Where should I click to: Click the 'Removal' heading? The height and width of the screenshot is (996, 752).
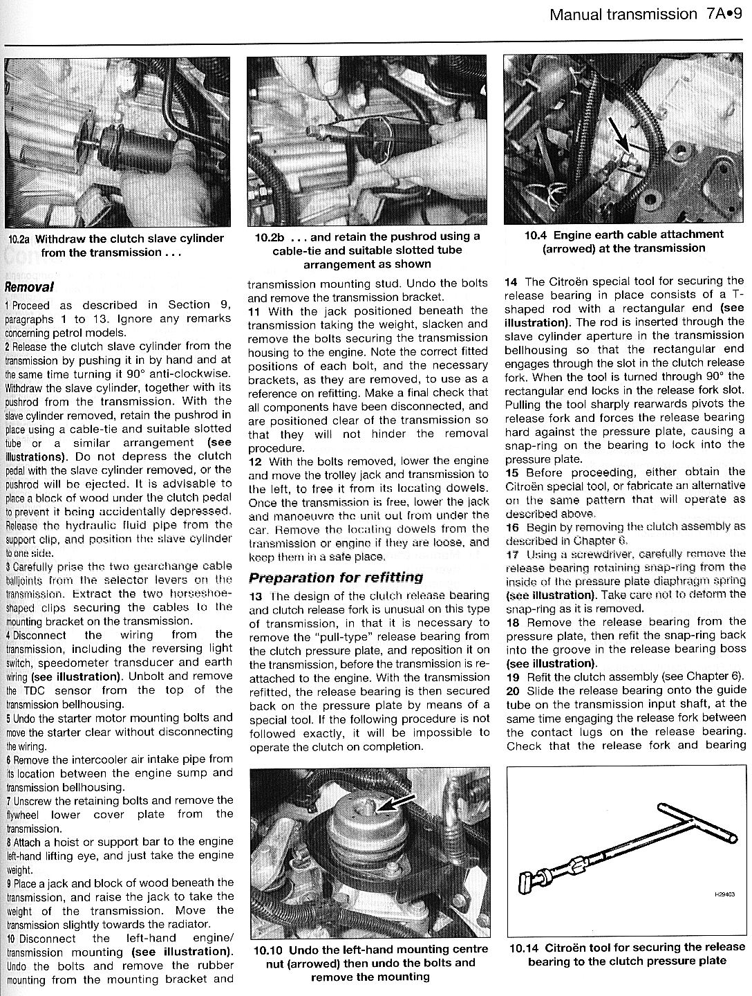(29, 286)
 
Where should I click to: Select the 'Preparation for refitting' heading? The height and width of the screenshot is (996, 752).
(335, 578)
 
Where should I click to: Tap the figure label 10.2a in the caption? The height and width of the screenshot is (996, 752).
(19, 239)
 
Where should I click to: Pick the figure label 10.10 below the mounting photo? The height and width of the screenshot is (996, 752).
(268, 950)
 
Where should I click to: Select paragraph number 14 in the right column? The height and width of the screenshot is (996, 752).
(511, 282)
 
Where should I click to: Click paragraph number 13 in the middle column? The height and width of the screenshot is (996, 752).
(256, 596)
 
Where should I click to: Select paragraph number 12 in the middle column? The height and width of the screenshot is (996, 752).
(256, 461)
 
